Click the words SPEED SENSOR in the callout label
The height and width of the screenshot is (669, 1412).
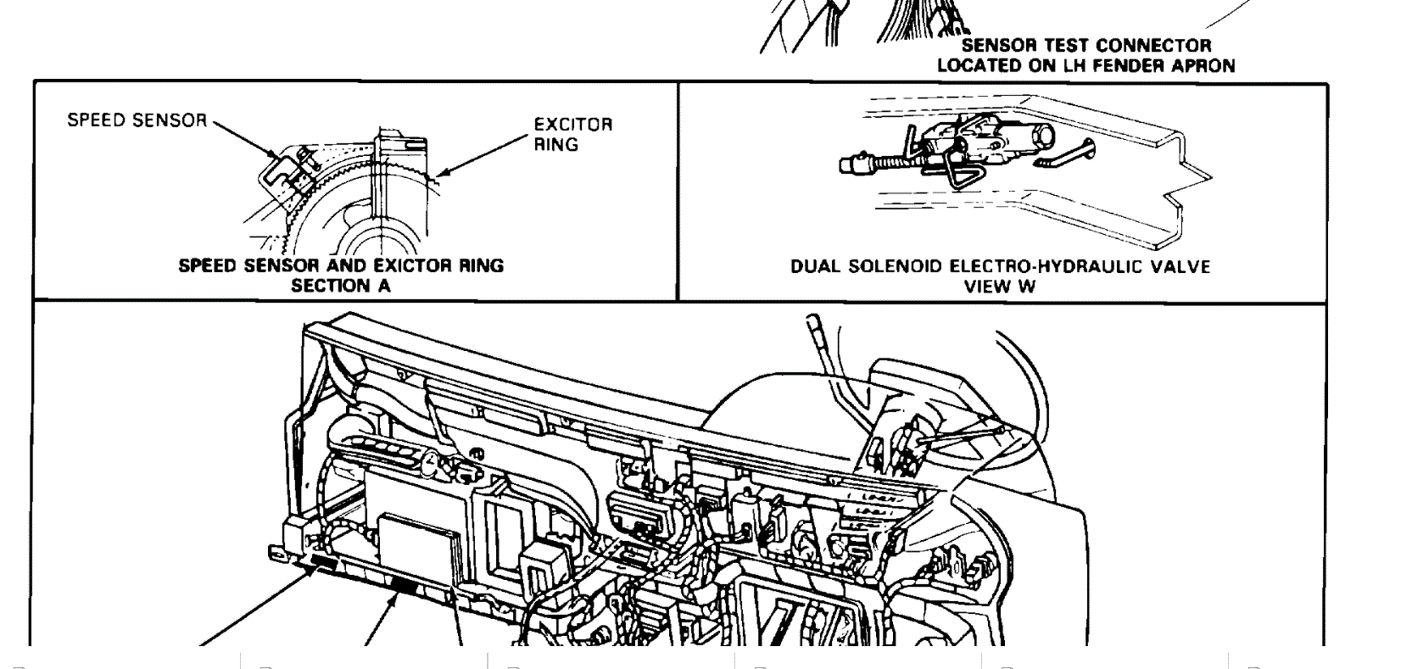pos(137,120)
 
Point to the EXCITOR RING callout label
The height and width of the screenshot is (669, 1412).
pos(572,134)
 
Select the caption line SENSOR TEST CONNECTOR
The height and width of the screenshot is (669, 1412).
pos(1086,46)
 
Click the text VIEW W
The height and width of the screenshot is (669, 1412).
pos(1000,287)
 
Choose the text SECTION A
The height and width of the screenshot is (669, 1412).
pos(341,286)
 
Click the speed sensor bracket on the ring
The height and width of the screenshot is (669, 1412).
pos(285,173)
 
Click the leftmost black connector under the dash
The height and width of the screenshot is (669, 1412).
pos(324,562)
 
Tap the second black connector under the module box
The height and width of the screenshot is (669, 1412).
pos(405,584)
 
